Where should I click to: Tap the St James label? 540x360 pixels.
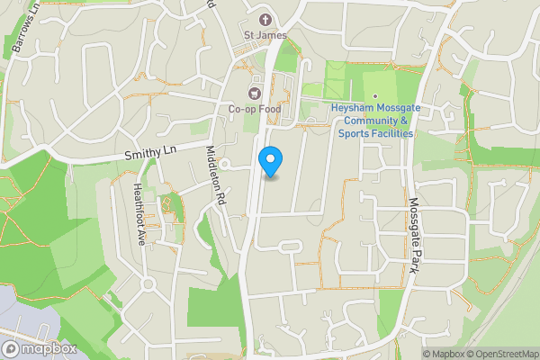(265, 35)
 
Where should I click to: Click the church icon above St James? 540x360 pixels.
(265, 19)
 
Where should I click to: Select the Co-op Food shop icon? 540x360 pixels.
(254, 93)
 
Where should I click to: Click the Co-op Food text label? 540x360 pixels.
(254, 109)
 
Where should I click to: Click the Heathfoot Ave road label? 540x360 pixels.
(139, 214)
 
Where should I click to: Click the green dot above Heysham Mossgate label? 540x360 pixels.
(375, 96)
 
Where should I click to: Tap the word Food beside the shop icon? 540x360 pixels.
(267, 109)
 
